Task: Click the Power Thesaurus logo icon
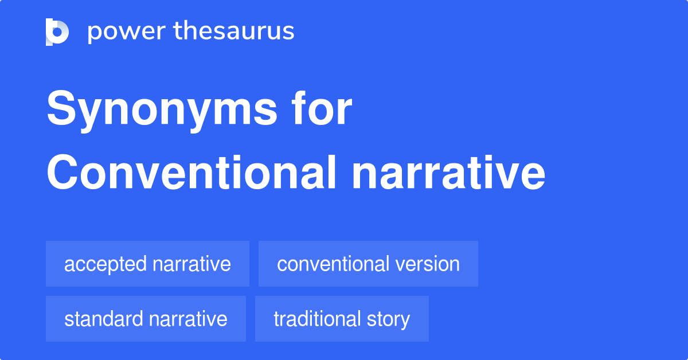tap(57, 32)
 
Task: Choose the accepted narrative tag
tap(147, 264)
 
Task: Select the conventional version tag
tap(368, 264)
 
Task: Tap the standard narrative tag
tap(146, 319)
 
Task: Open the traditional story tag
tap(342, 319)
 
